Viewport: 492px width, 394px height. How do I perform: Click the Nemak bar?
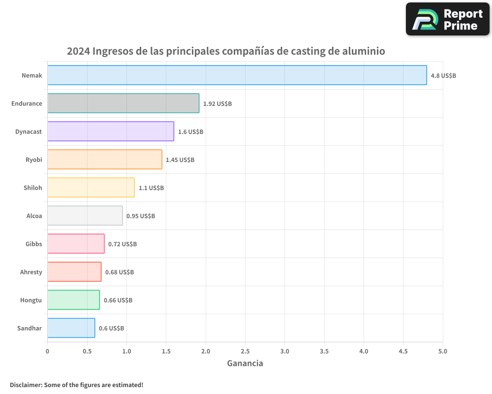coord(237,75)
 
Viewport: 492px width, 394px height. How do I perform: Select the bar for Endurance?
coord(123,103)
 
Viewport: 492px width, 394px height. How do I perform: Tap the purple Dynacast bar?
coord(111,131)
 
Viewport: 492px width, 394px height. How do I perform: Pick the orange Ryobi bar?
coord(105,160)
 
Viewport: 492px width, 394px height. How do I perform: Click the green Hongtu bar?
coord(73,300)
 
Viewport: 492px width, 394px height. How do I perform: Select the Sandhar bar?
coord(71,328)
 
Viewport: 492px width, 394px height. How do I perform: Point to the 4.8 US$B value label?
coord(443,76)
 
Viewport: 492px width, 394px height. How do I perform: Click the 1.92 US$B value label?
coord(217,104)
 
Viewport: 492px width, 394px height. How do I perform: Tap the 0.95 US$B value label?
coord(141,216)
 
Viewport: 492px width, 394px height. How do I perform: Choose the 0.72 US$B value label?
coord(123,244)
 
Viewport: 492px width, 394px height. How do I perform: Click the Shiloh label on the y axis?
coord(33,188)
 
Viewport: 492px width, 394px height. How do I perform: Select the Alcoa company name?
coord(34,216)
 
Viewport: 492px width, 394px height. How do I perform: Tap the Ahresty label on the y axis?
coord(31,272)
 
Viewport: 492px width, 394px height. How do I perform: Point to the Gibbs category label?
coord(33,244)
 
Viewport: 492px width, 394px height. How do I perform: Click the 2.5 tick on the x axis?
coord(245,351)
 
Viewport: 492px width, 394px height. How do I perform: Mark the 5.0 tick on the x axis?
coord(443,351)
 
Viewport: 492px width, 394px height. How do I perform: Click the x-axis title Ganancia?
coord(245,363)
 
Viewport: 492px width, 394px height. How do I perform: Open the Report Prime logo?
coord(447,19)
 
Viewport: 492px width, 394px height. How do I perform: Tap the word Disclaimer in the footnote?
coord(26,385)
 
